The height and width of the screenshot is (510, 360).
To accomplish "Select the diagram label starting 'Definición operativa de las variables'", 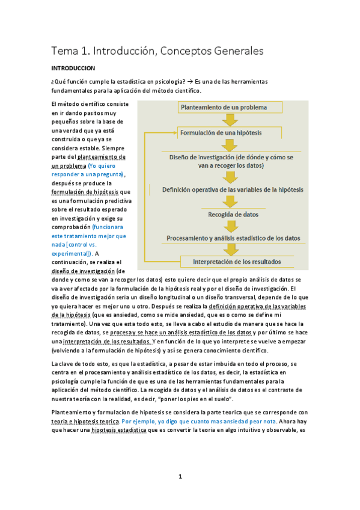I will coord(233,189).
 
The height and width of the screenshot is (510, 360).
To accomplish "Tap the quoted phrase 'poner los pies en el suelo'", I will coord(195,399).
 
